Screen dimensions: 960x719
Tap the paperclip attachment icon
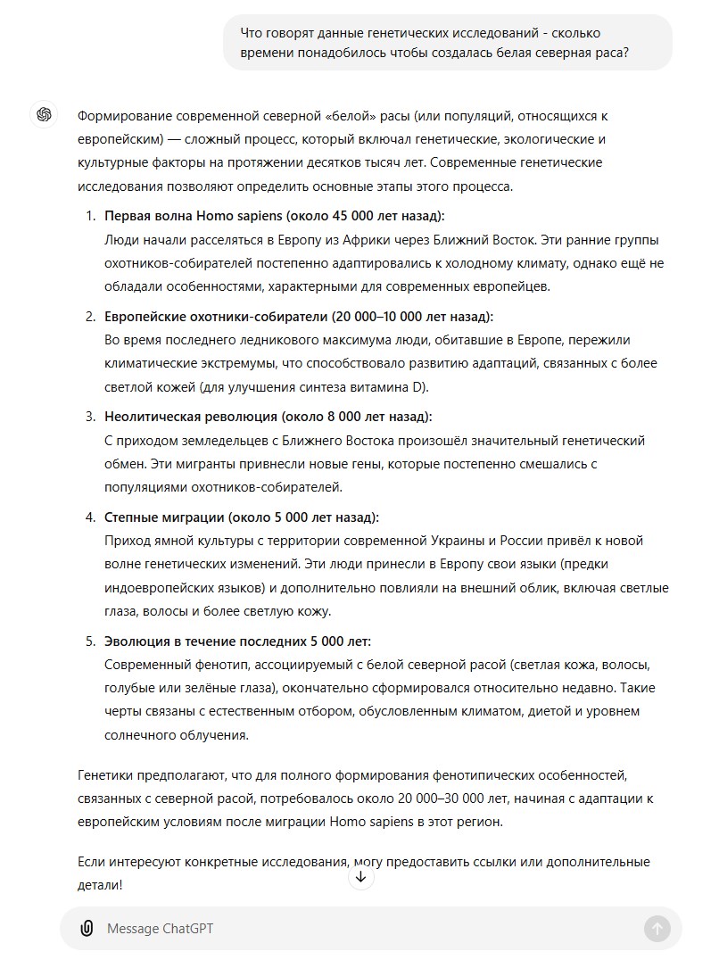pos(87,928)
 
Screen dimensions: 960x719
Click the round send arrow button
pos(657,928)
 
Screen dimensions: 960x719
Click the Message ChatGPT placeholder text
pos(160,929)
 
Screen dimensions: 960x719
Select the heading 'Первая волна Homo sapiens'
pos(274,216)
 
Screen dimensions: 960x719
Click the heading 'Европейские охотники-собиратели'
pos(298,316)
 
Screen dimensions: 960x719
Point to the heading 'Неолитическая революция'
pos(268,417)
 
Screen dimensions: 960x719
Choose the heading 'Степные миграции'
pos(241,517)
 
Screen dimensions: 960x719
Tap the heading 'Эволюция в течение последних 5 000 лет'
pos(237,641)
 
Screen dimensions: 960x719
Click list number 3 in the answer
pos(90,417)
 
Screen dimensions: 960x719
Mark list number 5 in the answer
pos(90,641)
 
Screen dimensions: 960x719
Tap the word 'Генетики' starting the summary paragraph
pos(105,774)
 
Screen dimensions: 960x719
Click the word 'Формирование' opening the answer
pos(120,116)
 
